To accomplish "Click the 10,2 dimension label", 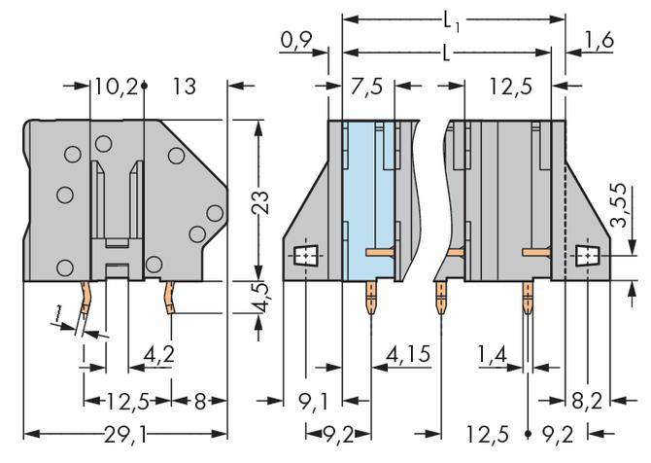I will tap(115, 87).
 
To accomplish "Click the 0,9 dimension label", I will tap(294, 41).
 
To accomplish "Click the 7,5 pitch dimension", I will tap(366, 87).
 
